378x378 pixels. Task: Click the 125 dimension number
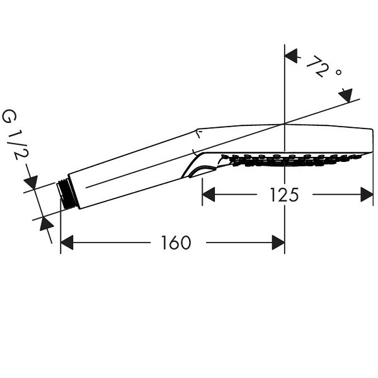click(x=284, y=195)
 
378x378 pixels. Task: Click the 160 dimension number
click(x=176, y=243)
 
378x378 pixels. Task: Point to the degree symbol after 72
click(x=338, y=72)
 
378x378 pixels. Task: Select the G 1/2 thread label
click(x=15, y=135)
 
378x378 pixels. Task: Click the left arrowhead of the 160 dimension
click(x=67, y=243)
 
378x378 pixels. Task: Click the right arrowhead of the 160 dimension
click(x=278, y=243)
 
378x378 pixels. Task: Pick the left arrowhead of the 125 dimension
click(x=209, y=194)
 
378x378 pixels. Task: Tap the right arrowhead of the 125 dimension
click(x=367, y=194)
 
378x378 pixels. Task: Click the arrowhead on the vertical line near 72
click(x=291, y=56)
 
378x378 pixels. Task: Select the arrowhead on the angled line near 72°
click(x=346, y=95)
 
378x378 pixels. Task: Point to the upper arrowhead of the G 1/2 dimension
click(x=31, y=182)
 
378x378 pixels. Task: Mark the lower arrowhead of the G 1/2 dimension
click(x=46, y=224)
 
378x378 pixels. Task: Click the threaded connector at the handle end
click(x=67, y=195)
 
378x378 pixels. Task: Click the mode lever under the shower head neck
click(x=201, y=171)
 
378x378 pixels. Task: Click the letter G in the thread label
click(x=9, y=116)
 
